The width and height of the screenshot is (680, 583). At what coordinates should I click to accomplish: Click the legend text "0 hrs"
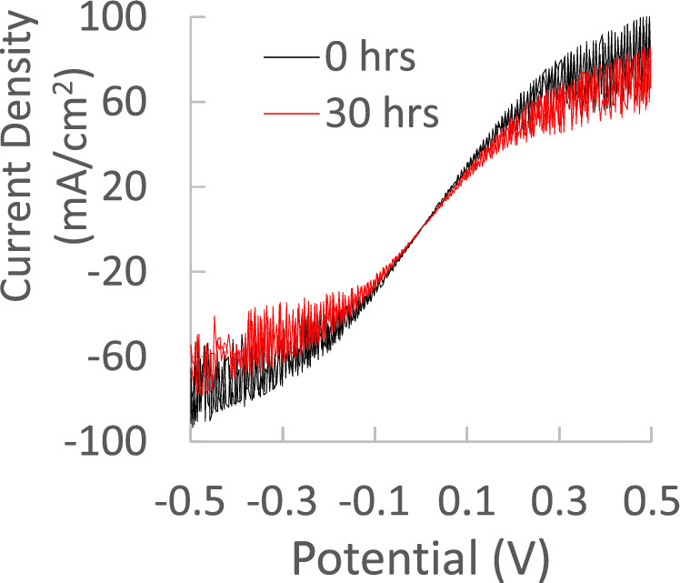pos(370,59)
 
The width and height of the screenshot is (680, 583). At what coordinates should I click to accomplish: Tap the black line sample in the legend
pos(291,59)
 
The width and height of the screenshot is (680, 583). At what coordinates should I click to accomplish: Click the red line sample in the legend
pos(291,116)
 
